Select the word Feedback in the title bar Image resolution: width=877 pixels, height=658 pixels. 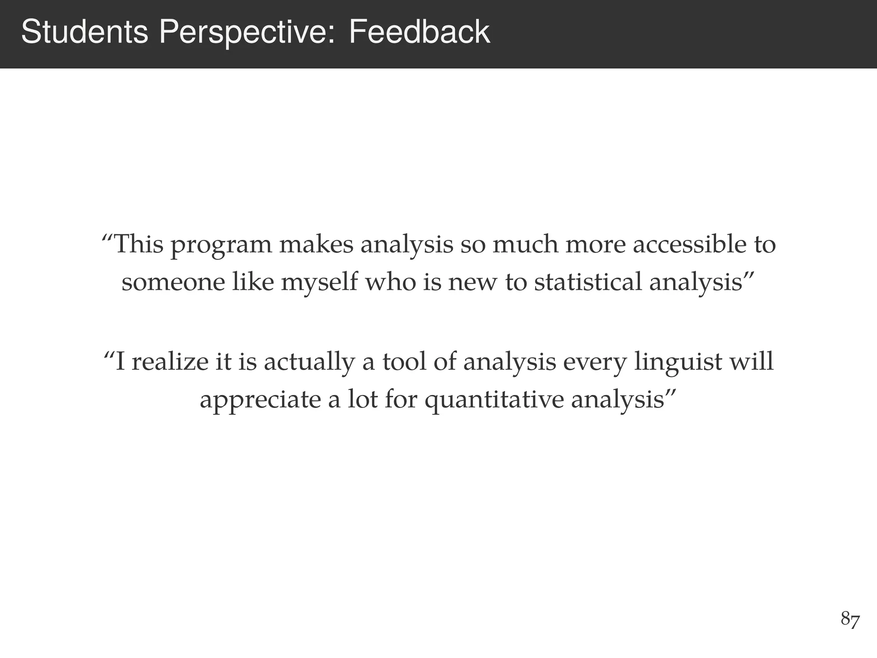(419, 32)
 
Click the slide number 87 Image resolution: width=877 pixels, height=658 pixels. (850, 619)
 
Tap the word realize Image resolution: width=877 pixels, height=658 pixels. (170, 362)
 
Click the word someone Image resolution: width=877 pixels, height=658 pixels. (173, 283)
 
